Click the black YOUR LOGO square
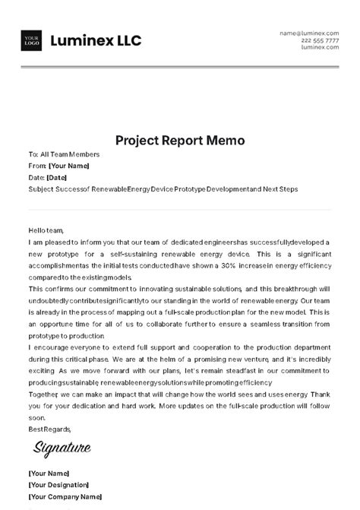pos(32,41)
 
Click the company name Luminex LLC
pos(96,41)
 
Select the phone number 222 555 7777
pos(320,40)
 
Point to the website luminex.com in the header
pos(320,47)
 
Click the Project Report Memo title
pos(180,141)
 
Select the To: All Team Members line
pos(64,154)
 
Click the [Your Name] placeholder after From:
pos(69,166)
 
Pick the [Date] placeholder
pos(57,177)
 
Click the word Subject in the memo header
pos(41,188)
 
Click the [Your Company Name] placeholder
pos(65,497)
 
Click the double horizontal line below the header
pos(180,68)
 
